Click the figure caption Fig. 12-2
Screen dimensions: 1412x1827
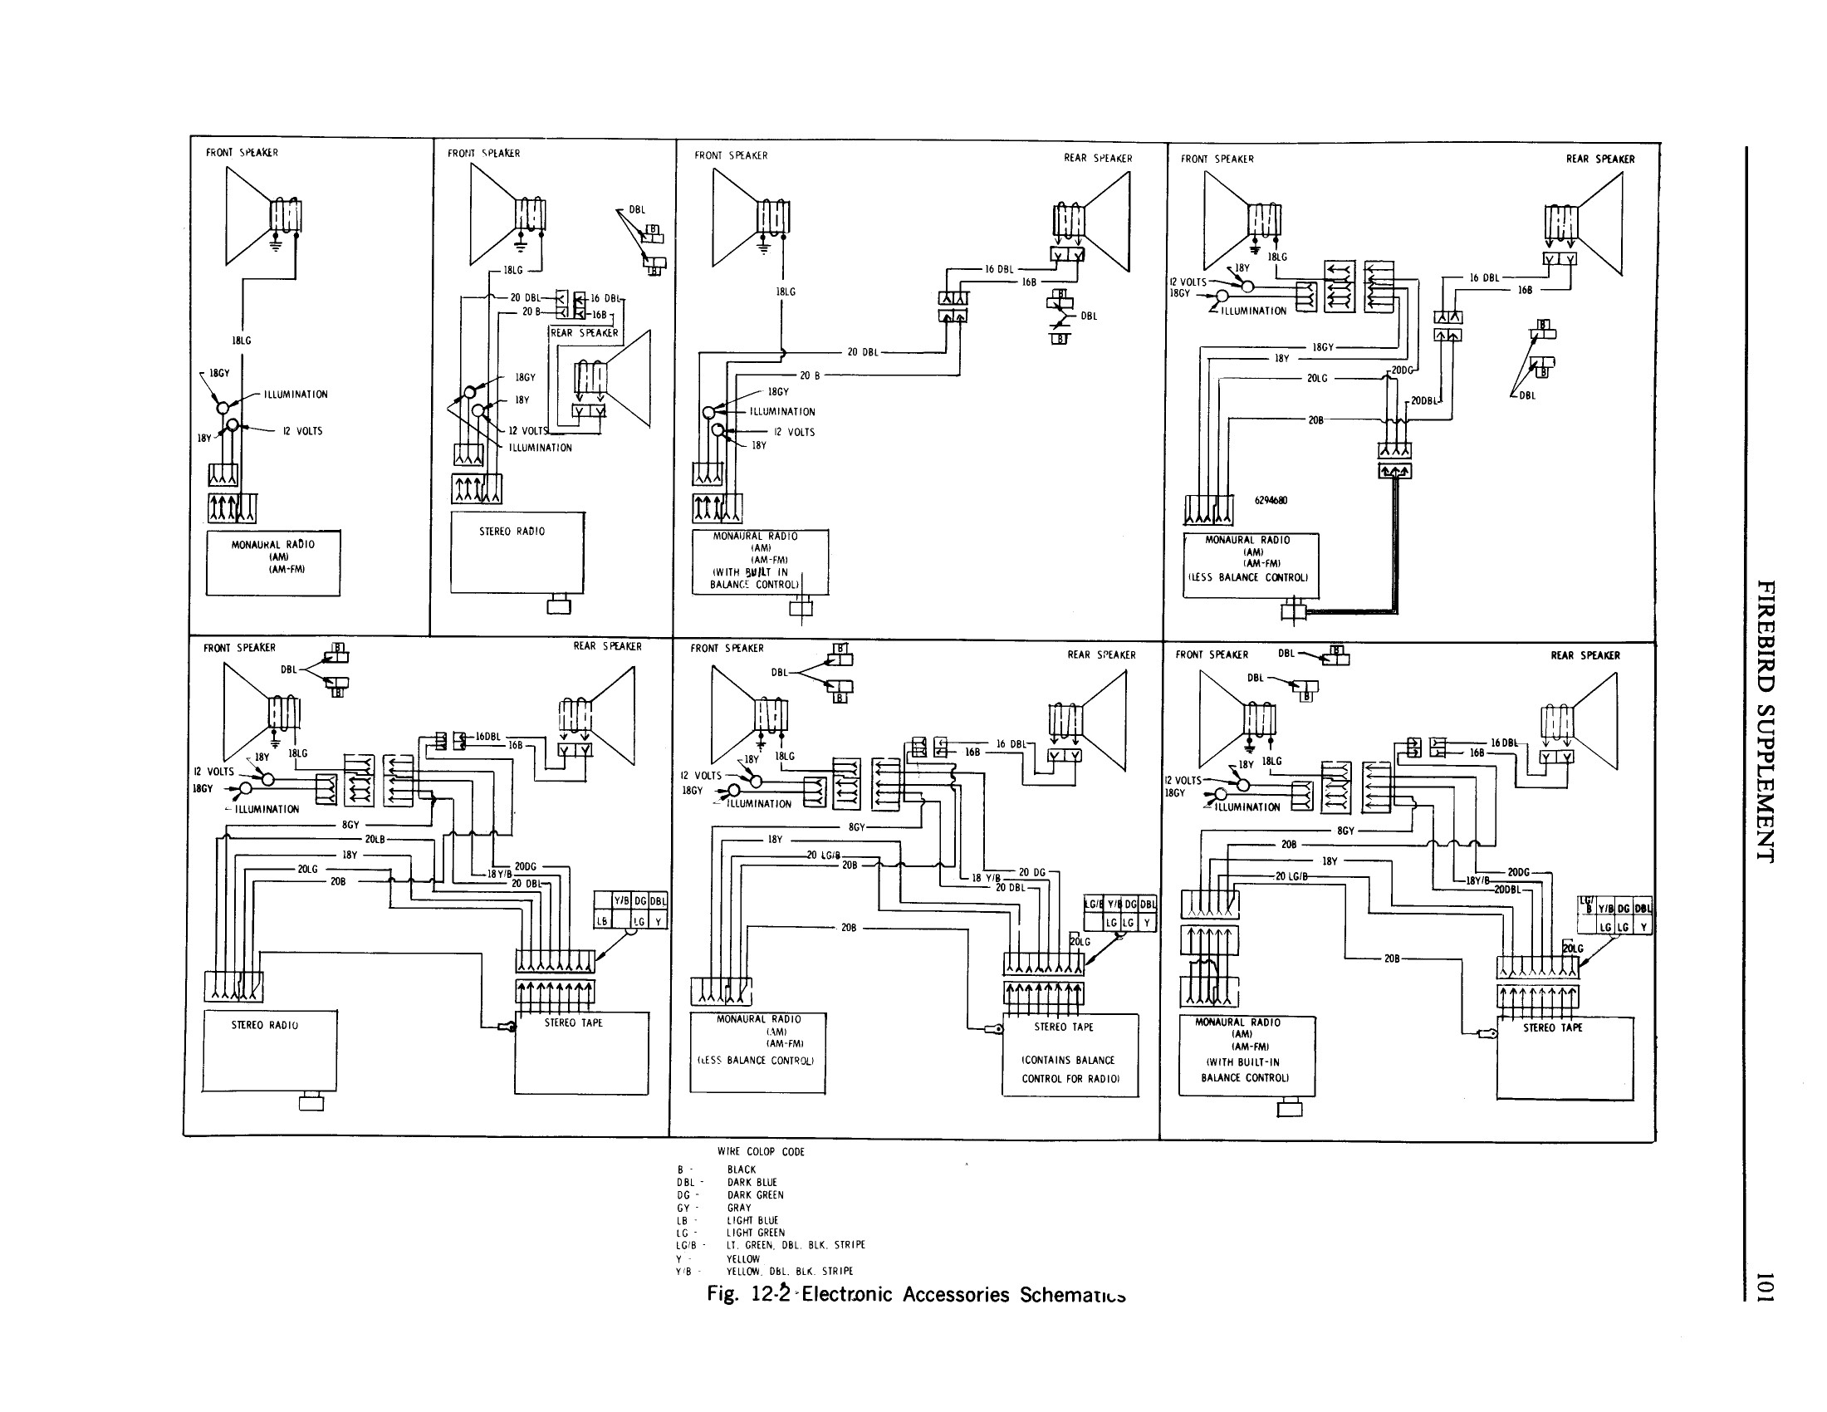click(x=915, y=1294)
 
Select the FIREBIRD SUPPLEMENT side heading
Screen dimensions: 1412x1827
click(x=1765, y=720)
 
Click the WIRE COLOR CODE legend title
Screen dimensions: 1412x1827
click(x=761, y=1152)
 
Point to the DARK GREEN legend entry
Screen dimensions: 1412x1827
click(x=755, y=1194)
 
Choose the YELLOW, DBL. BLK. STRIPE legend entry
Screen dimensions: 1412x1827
click(x=789, y=1271)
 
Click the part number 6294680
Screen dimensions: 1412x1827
click(x=1271, y=500)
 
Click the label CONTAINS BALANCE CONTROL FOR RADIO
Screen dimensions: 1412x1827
click(x=1069, y=1069)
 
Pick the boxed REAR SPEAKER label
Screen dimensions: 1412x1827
click(x=584, y=333)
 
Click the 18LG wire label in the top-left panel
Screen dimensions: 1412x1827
click(x=241, y=341)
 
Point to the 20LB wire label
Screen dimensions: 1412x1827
click(x=374, y=839)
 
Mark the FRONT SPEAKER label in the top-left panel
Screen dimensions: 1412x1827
click(x=242, y=152)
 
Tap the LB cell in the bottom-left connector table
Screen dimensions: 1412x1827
click(x=601, y=921)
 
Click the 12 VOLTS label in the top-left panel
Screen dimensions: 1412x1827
click(x=302, y=431)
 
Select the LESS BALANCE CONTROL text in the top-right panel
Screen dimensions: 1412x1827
click(x=1248, y=577)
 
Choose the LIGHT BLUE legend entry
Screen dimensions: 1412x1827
click(x=752, y=1220)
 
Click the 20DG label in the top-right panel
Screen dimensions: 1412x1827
click(x=1402, y=370)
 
